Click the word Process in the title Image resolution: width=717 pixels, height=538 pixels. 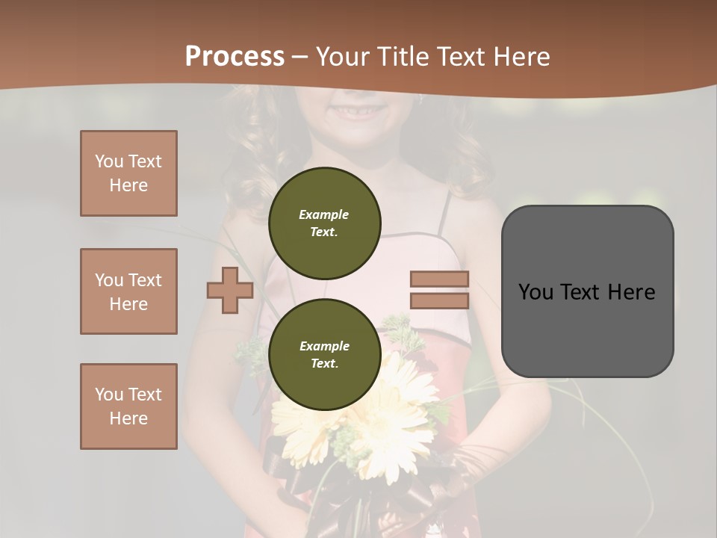[235, 57]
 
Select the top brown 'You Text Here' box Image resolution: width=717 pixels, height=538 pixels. [128, 173]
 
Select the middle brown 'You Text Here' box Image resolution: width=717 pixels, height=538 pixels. [128, 291]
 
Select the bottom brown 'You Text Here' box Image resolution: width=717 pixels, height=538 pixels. [128, 406]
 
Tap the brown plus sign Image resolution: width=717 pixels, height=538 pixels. [230, 290]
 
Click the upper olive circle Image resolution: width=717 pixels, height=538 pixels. [325, 223]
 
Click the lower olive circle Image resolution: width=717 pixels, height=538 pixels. [325, 354]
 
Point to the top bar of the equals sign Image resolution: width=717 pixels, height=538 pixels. [439, 279]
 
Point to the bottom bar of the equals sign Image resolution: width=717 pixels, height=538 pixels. [439, 301]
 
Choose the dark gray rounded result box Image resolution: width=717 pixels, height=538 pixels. [587, 291]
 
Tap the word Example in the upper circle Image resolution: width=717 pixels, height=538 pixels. [324, 214]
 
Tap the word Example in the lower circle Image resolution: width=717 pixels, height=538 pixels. [324, 346]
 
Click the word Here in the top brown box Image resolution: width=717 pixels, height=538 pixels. [128, 185]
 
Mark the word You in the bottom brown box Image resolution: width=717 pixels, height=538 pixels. [108, 395]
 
